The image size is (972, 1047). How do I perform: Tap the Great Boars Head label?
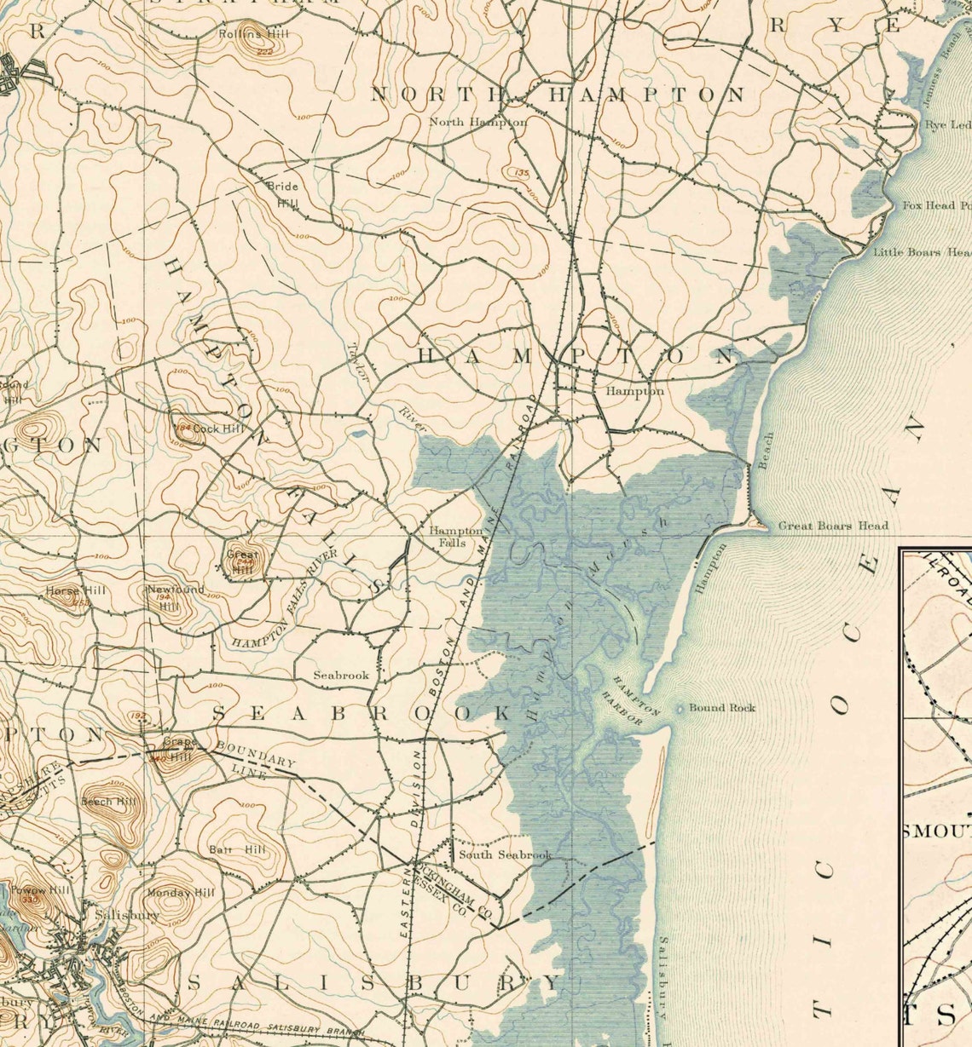[832, 526]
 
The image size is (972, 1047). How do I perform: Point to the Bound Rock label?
[721, 707]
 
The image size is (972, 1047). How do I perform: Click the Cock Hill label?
[217, 428]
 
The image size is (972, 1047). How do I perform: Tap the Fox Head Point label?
[936, 205]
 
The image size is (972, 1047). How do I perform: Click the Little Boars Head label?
[921, 252]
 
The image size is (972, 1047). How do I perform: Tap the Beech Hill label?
[108, 802]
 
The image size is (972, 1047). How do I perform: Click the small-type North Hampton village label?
[477, 122]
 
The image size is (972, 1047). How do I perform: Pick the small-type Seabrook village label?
[341, 675]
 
